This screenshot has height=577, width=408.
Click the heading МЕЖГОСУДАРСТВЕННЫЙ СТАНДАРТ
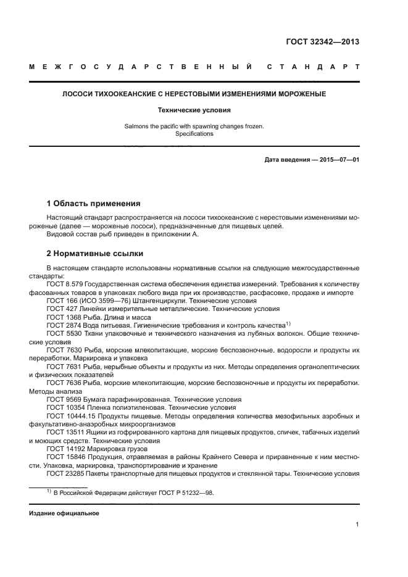coord(194,66)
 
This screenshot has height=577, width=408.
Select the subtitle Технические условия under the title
coord(194,110)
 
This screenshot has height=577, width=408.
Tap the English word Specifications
coord(194,133)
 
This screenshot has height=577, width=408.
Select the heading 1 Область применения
coord(93,203)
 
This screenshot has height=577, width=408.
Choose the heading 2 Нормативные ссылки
coord(94,253)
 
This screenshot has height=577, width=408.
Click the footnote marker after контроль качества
coord(288,323)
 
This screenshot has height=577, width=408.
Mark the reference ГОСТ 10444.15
coord(69,416)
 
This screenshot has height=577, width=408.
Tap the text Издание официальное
coord(64,513)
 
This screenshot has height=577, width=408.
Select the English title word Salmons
coord(137,126)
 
